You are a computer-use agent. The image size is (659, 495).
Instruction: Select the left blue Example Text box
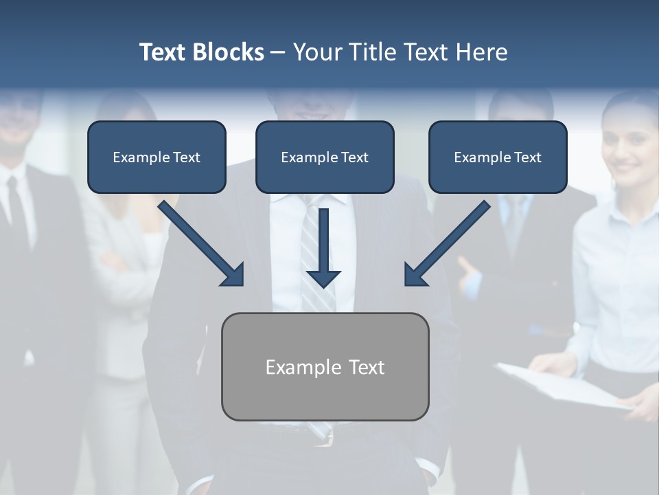[x=157, y=157]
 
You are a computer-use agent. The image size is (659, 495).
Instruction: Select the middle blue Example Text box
[x=325, y=157]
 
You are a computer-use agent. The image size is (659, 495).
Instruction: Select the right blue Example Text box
[x=498, y=157]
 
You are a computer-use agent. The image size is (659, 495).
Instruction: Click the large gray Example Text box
[x=325, y=367]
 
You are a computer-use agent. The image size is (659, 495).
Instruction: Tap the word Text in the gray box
[x=367, y=367]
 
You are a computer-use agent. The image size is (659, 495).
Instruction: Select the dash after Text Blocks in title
[x=277, y=52]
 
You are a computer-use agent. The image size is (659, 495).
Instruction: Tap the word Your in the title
[x=315, y=52]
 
